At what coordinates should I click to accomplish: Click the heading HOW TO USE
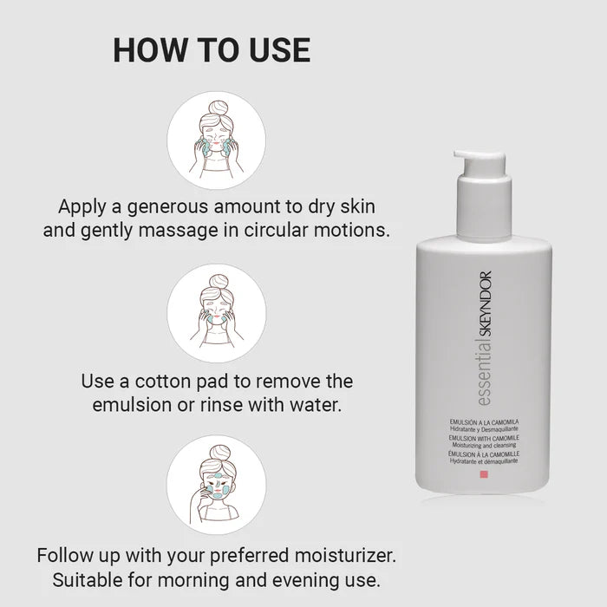(x=212, y=49)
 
